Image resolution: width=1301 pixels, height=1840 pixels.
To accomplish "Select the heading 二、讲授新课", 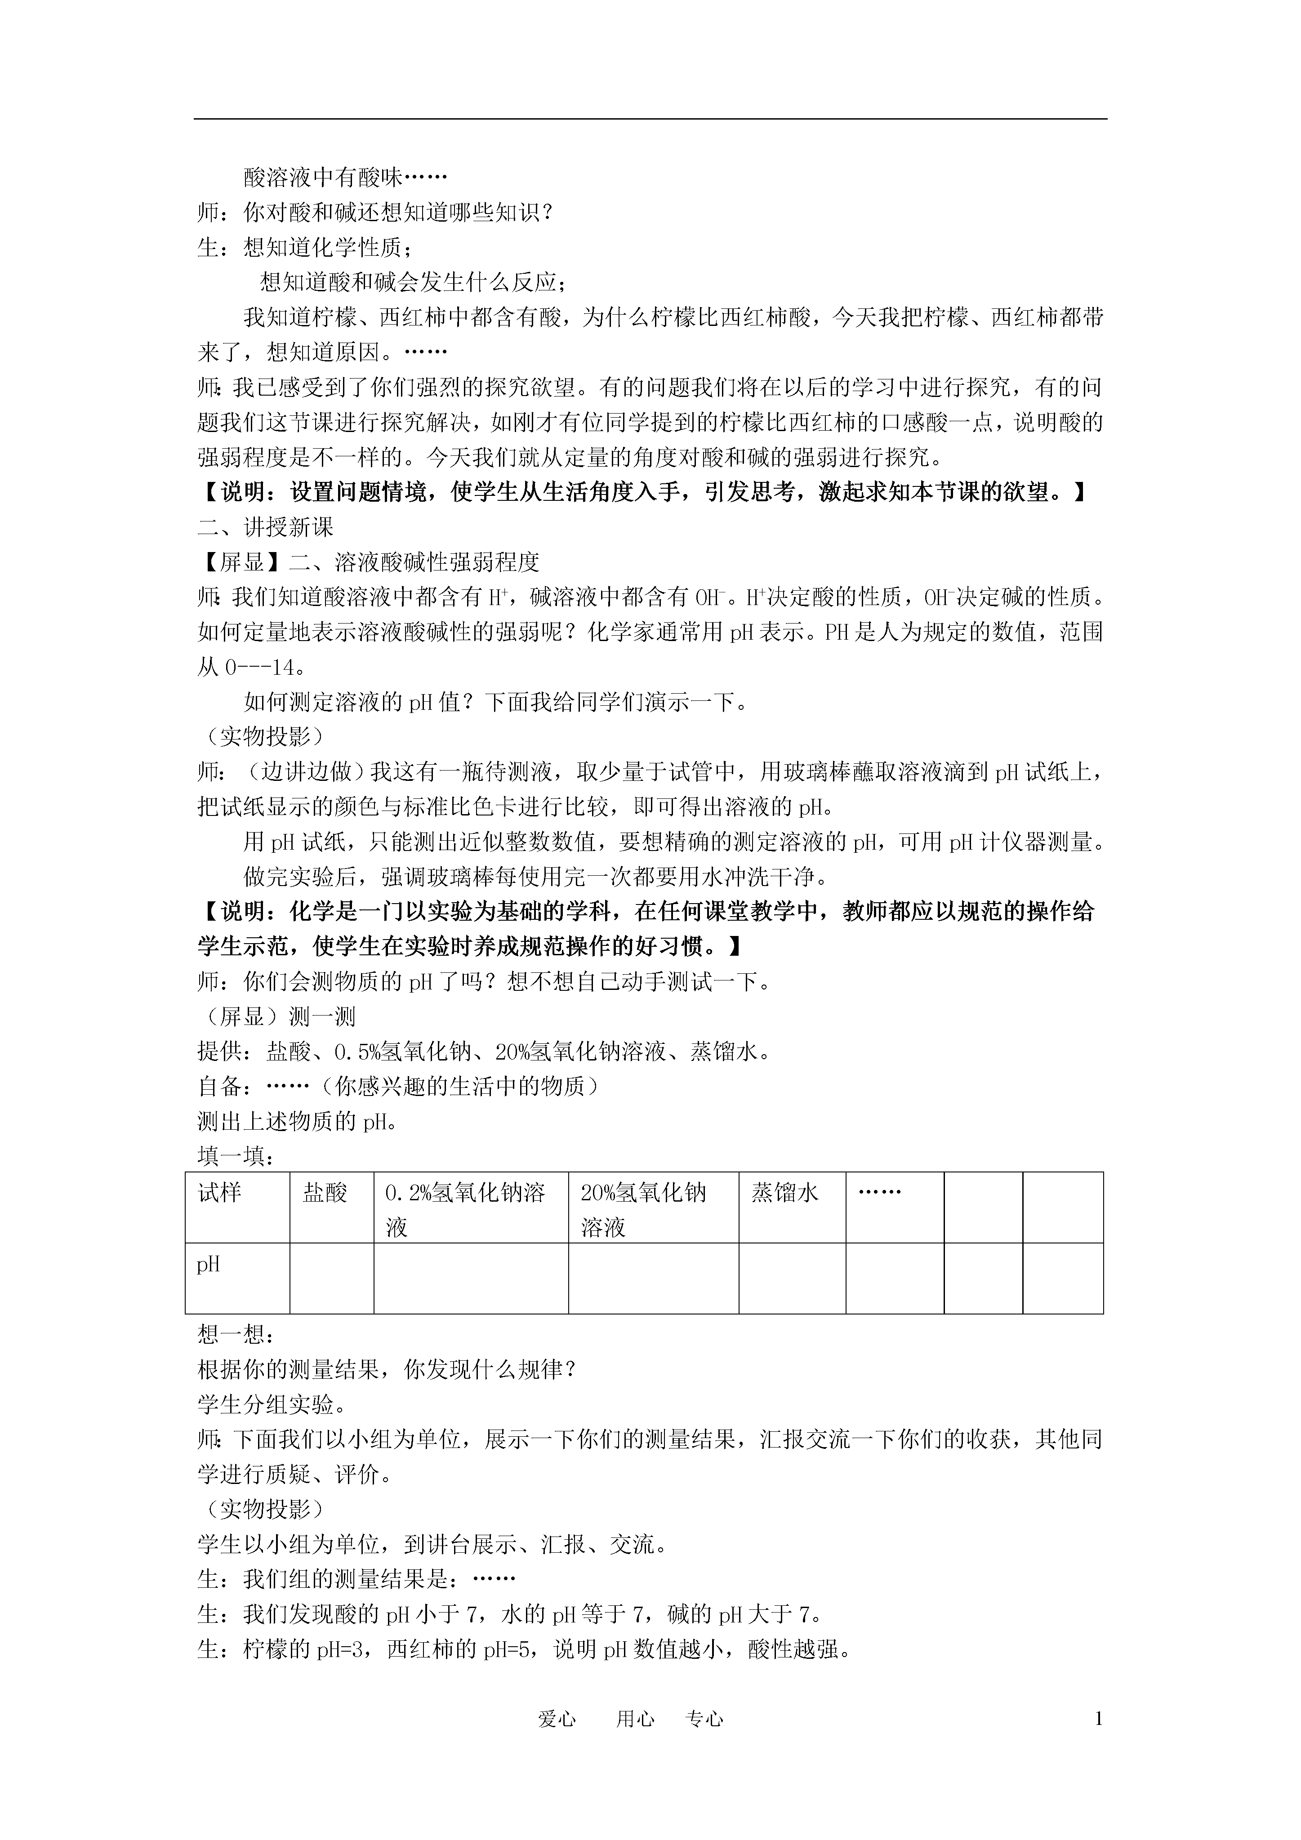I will pyautogui.click(x=265, y=527).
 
